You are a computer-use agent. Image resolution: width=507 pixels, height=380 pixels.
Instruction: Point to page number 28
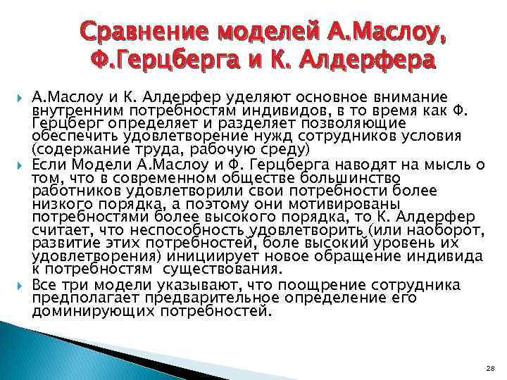pos(490,368)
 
